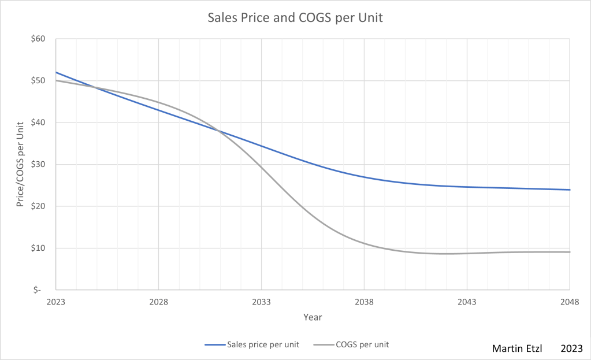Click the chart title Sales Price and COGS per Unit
(x=295, y=18)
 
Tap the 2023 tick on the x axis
(x=55, y=301)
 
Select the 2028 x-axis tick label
(x=158, y=301)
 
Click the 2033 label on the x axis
(x=261, y=301)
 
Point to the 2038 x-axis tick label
(x=364, y=301)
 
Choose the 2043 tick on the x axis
(x=467, y=301)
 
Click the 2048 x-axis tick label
(x=570, y=301)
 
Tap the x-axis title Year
(x=313, y=317)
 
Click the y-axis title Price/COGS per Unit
(x=21, y=164)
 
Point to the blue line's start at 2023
(x=56, y=72)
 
